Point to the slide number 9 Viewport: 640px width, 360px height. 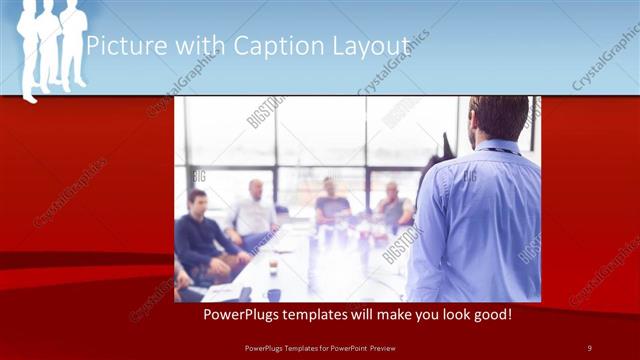click(589, 347)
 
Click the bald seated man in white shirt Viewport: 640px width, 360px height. click(254, 210)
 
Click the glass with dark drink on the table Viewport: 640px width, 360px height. click(273, 266)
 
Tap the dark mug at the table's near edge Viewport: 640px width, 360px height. click(274, 294)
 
